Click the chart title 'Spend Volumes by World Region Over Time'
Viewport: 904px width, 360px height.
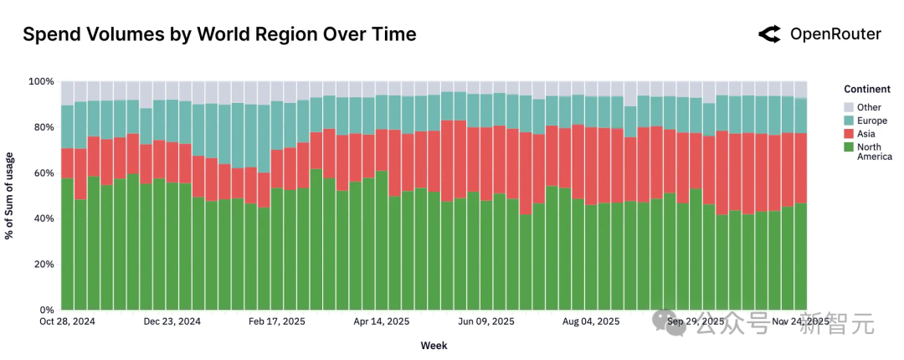(x=218, y=34)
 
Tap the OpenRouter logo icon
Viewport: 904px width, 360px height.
(x=768, y=34)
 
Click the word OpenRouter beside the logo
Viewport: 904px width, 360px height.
(x=835, y=34)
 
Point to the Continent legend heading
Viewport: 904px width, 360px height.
(x=866, y=90)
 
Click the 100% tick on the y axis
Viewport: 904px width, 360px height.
(x=42, y=82)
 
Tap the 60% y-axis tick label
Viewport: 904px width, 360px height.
(x=44, y=173)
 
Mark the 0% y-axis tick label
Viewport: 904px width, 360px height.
(x=47, y=310)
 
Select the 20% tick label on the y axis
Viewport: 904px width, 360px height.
(x=44, y=265)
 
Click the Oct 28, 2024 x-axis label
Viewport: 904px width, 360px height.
(x=67, y=321)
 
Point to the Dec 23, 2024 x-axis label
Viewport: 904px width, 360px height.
(x=172, y=321)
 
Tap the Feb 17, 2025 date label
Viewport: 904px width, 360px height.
(x=276, y=321)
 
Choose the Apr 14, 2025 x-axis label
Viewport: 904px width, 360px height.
(x=381, y=321)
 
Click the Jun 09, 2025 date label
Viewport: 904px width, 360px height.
(x=485, y=321)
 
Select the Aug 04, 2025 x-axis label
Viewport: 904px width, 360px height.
(x=591, y=321)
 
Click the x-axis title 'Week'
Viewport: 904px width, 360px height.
(x=434, y=345)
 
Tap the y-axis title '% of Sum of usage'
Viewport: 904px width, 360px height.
(x=11, y=196)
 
